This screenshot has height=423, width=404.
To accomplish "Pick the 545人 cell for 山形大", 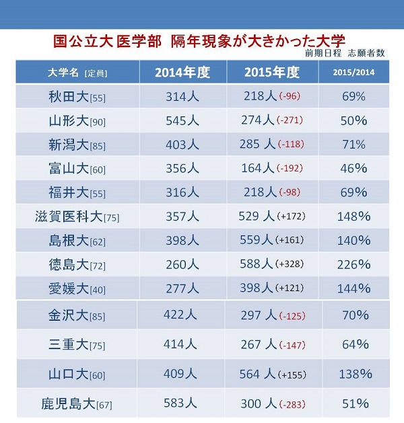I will pyautogui.click(x=182, y=120).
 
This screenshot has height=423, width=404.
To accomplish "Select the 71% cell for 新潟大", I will pyautogui.click(x=353, y=144).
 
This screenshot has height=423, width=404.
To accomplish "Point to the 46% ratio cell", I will pyautogui.click(x=353, y=168).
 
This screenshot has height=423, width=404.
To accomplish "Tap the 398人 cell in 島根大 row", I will pyautogui.click(x=182, y=241).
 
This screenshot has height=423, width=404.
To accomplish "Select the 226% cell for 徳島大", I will pyautogui.click(x=353, y=264).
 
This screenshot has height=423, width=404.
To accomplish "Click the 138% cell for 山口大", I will pyautogui.click(x=353, y=374).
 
